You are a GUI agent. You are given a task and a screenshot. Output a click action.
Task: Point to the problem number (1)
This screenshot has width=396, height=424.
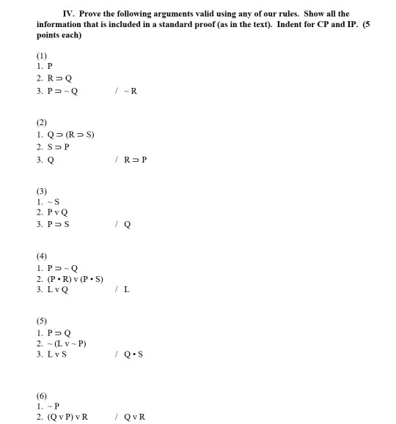pyautogui.click(x=42, y=56)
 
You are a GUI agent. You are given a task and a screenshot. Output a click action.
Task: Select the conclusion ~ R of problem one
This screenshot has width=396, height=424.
pyautogui.click(x=131, y=92)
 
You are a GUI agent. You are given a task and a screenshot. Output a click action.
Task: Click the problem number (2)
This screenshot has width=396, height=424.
pyautogui.click(x=42, y=122)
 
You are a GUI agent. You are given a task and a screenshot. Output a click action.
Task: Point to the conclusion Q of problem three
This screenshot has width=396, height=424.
pyautogui.click(x=128, y=225)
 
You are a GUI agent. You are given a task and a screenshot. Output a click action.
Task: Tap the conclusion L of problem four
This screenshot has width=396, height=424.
pyautogui.click(x=127, y=291)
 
